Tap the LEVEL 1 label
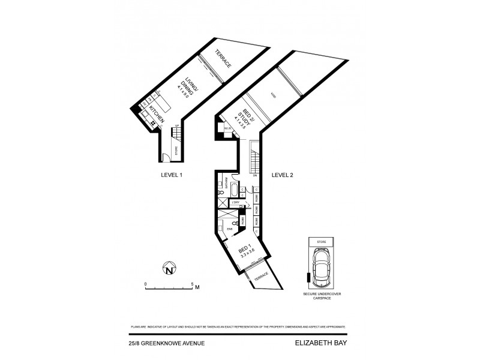[172, 175]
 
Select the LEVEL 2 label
[283, 175]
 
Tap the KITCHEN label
[156, 112]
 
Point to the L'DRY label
[234, 203]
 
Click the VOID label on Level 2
[274, 95]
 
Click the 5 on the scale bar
[191, 283]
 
